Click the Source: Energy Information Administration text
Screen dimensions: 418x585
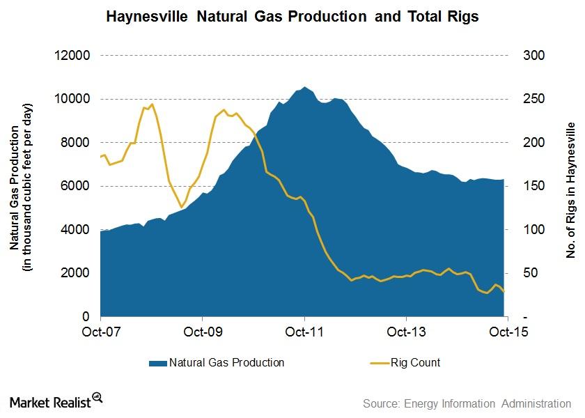pyautogui.click(x=467, y=403)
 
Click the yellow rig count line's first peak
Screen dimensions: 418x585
pyautogui.click(x=151, y=104)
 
